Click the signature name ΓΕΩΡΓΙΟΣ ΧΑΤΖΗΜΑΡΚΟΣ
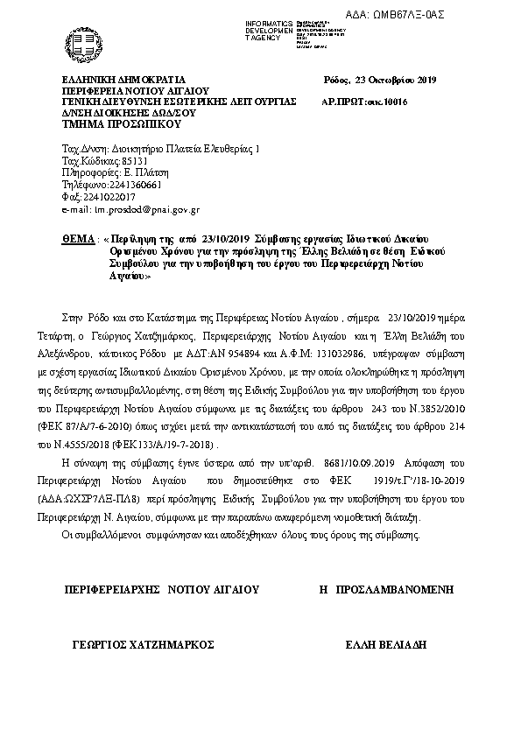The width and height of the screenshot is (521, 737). [144, 643]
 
